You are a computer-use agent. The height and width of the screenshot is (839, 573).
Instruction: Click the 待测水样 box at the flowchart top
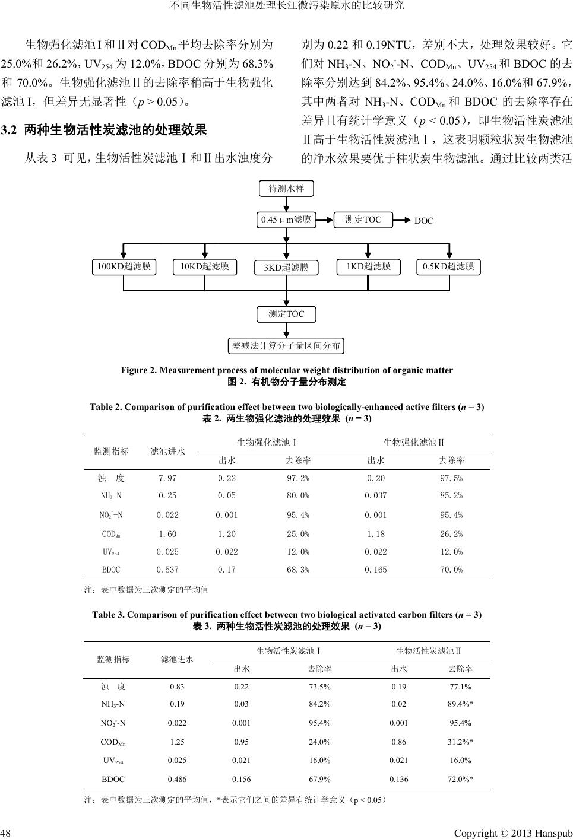tap(286, 189)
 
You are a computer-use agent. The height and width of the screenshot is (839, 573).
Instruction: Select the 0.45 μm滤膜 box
tap(286, 220)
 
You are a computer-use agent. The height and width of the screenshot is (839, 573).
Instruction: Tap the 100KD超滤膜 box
tap(124, 267)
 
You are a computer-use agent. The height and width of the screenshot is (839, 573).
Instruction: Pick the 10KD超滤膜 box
tap(205, 267)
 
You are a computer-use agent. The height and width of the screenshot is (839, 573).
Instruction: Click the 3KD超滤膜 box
tap(286, 268)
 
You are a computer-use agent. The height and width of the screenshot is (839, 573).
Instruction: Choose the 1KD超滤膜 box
tap(368, 267)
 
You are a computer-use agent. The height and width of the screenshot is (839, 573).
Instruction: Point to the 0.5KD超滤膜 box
tap(448, 267)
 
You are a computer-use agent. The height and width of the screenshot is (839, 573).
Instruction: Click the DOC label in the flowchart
tap(424, 221)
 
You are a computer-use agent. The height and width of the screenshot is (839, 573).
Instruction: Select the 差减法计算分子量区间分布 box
tap(286, 345)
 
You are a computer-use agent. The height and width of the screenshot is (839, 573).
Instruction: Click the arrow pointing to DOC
tap(403, 220)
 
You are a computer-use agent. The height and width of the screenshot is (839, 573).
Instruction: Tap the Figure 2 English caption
tap(286, 370)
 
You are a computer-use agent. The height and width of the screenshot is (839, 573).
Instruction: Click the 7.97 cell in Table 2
tap(167, 478)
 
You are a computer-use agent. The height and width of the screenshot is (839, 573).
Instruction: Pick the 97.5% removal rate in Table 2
tap(451, 478)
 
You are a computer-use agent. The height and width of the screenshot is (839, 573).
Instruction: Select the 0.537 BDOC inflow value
tap(167, 570)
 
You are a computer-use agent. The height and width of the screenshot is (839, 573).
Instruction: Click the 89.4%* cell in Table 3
tap(460, 704)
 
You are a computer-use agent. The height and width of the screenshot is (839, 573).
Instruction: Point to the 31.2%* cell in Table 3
tap(460, 742)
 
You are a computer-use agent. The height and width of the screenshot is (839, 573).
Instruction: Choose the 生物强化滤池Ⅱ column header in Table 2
tap(414, 443)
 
